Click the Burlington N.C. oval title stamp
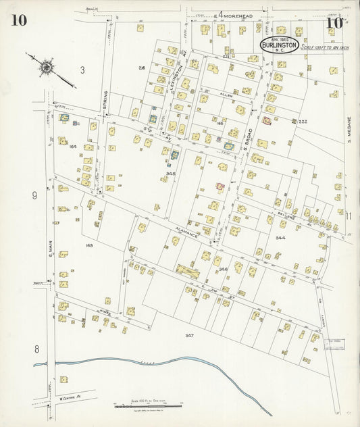click(279, 45)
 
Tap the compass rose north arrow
click(46, 68)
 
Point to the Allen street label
click(225, 97)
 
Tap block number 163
click(88, 245)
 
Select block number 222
click(303, 122)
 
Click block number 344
click(280, 238)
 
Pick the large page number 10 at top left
click(18, 20)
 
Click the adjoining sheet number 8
click(37, 349)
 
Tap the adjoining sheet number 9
click(34, 196)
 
